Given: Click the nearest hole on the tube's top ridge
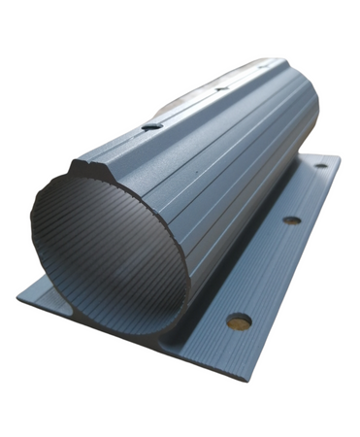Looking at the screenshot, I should [150, 125].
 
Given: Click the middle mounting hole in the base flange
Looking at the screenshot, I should [291, 220].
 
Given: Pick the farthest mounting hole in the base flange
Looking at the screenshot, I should [320, 166].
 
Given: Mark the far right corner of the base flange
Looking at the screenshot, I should [340, 155].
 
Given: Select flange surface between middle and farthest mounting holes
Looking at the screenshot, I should [307, 192].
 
